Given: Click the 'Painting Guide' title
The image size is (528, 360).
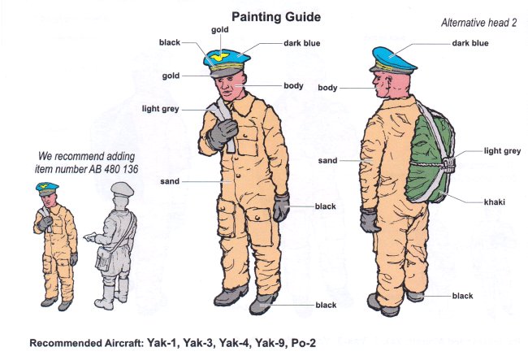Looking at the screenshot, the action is [276, 17].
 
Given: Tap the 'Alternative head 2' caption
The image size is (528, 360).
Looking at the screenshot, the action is [478, 23].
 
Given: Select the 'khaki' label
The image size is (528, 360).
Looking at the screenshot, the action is [495, 202].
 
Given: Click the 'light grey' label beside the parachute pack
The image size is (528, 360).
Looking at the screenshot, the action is [502, 151].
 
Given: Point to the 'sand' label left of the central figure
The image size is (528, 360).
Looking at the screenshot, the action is [170, 181].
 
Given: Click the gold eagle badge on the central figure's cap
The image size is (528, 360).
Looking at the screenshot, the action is [219, 56].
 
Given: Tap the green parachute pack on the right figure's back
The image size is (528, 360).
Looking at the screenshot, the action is [430, 158].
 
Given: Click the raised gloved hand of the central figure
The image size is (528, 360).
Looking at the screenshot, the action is [222, 134].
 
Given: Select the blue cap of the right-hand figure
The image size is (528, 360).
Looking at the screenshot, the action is [393, 60].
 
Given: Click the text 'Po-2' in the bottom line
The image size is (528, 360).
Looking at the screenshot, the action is [304, 343].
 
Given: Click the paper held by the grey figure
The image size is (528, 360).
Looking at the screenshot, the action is [89, 236].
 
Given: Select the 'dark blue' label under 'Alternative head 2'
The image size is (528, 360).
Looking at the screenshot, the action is [470, 43].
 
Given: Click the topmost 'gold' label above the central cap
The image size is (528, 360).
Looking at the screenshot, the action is [220, 29].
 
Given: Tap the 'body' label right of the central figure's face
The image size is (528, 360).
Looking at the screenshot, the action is [293, 85].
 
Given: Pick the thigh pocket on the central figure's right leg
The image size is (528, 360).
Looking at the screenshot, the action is [226, 217].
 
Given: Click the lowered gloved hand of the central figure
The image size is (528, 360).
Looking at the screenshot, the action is [281, 208].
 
